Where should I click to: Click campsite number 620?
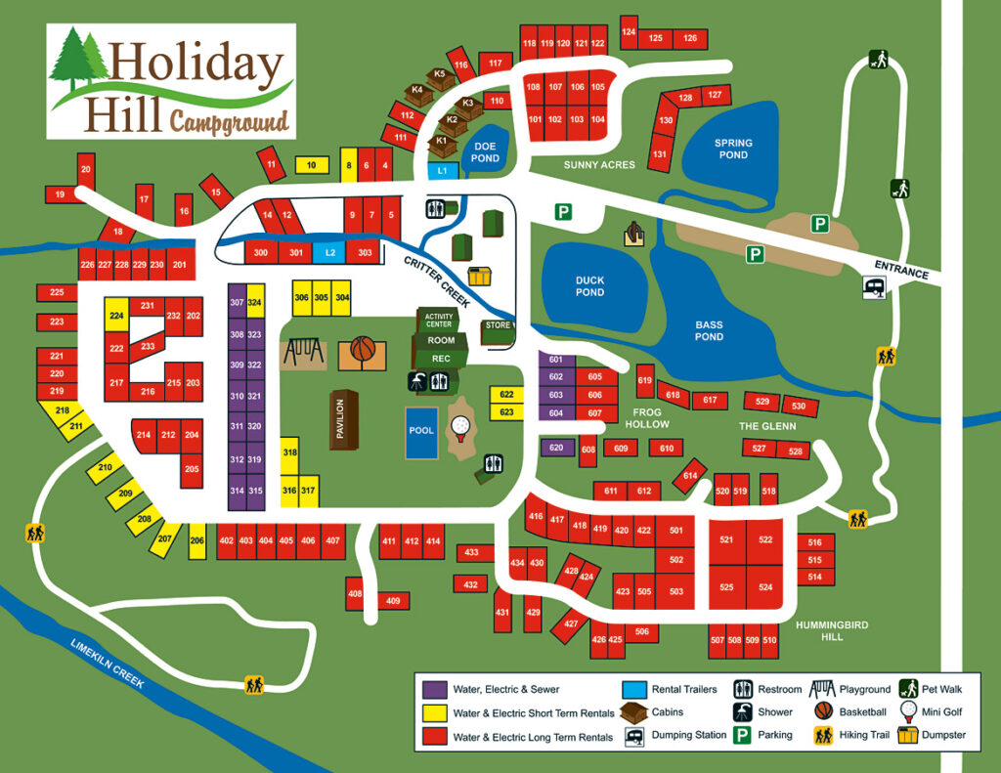pos(556,448)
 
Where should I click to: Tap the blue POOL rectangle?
pos(421,431)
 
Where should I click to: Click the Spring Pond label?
pos(732,149)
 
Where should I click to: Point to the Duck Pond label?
pos(589,286)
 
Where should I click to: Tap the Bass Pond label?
pos(709,330)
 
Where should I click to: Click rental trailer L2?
pos(330,253)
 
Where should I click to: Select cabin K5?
pos(439,75)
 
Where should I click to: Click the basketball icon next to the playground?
pos(363,350)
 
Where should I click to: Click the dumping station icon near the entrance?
pos(875,287)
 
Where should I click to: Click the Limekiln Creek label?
pos(108,664)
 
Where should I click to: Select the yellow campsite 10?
pos(311,165)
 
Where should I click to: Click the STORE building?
pos(499,326)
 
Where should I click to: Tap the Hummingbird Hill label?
pos(832,629)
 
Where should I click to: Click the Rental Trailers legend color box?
pos(633,689)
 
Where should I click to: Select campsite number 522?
pos(765,540)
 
